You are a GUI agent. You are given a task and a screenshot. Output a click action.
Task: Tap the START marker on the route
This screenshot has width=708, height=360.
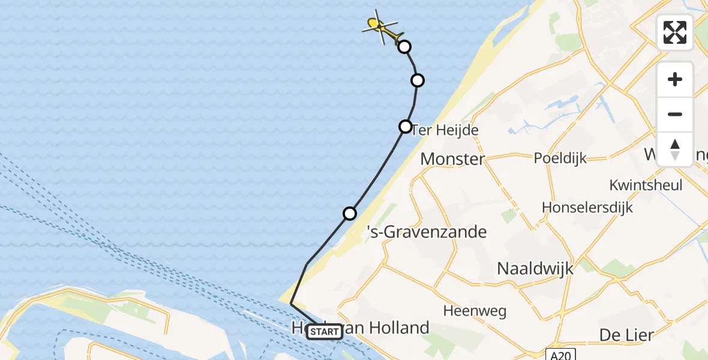pyautogui.click(x=325, y=332)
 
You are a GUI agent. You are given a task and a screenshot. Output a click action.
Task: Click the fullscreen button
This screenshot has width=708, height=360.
pyautogui.click(x=675, y=32)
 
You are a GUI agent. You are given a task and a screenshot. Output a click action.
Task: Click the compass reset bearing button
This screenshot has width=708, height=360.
pyautogui.click(x=675, y=149)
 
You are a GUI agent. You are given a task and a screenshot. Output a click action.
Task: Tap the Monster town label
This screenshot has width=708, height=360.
pyautogui.click(x=452, y=159)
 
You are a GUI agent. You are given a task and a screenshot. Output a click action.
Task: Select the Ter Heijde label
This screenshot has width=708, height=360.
pyautogui.click(x=445, y=130)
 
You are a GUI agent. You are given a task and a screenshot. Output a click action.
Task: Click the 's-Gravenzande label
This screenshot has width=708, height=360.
pyautogui.click(x=427, y=232)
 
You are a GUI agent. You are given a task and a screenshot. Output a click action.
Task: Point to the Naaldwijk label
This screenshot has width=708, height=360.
pyautogui.click(x=535, y=268)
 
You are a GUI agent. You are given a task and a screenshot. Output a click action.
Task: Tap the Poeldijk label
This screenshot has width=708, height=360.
pyautogui.click(x=560, y=158)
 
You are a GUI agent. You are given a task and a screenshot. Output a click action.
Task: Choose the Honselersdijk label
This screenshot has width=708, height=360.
pyautogui.click(x=587, y=207)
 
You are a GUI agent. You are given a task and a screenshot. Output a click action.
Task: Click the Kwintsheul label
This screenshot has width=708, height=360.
pyautogui.click(x=646, y=185)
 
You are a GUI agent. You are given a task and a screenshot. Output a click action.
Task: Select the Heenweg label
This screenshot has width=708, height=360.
pyautogui.click(x=475, y=311)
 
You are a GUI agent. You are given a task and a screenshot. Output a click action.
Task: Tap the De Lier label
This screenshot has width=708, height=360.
pyautogui.click(x=626, y=334)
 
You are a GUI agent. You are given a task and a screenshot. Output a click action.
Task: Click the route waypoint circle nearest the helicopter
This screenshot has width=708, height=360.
pyautogui.click(x=405, y=47)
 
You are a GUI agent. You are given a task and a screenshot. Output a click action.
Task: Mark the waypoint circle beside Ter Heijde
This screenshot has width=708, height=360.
pyautogui.click(x=406, y=127)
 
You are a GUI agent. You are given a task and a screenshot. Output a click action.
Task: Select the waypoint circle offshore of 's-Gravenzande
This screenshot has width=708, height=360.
pyautogui.click(x=350, y=214)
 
